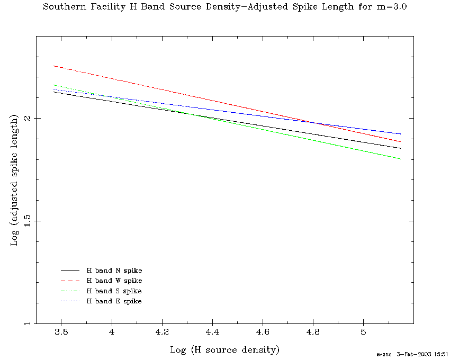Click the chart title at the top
(x=224, y=7)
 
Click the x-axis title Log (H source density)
(x=224, y=349)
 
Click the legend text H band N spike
(x=114, y=271)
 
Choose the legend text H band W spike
(x=114, y=281)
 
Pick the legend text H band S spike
(x=114, y=291)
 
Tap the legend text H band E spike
(x=114, y=301)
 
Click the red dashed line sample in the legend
(x=70, y=281)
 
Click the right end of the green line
(x=400, y=159)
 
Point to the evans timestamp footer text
(x=412, y=354)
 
